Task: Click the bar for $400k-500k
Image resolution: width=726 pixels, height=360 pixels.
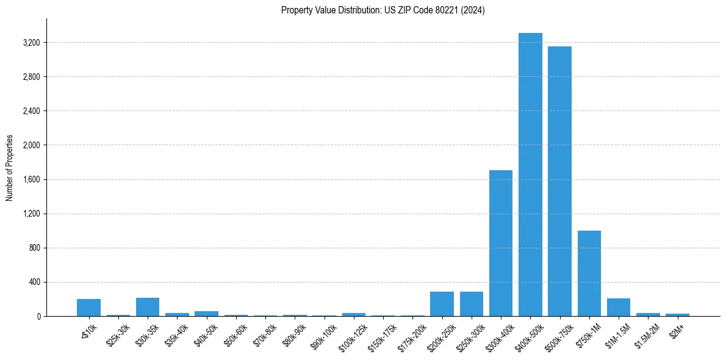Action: point(530,175)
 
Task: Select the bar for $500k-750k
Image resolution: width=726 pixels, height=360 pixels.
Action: point(559,181)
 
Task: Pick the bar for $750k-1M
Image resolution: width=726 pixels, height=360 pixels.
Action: point(589,273)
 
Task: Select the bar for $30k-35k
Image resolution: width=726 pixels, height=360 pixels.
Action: point(148,307)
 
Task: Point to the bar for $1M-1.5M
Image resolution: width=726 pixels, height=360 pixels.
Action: point(618,308)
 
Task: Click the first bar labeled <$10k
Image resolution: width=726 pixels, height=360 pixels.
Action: point(88,308)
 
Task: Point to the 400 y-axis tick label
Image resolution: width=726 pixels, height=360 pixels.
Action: point(34,282)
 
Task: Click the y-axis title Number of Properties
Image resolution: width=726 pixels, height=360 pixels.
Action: point(9,168)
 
